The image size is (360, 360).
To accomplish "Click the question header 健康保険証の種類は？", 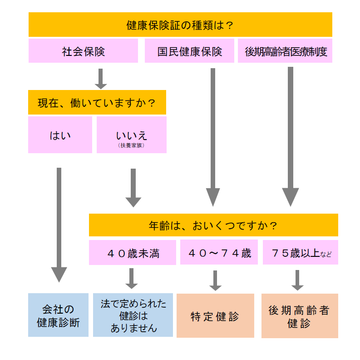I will pos(180,25).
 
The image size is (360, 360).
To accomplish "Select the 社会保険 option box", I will pos(83,51).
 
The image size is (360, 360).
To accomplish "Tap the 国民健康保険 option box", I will pos(189,51).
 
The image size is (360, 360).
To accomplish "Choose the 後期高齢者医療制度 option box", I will pos(285,51).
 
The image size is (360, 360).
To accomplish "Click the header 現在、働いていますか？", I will pos(97,102).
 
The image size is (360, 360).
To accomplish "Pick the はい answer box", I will pos(60,135).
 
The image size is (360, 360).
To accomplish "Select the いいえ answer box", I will pos(132,135).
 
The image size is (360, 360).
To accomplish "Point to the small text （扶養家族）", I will pos(132,146).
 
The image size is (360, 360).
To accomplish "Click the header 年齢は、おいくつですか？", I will pos(213,225).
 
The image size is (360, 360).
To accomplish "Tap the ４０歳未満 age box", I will pos(133,253).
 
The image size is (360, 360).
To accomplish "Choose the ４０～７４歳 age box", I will pos(219,252).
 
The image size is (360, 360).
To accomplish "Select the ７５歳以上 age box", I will pos(301,252).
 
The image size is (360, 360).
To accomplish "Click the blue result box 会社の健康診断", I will pos(58,315).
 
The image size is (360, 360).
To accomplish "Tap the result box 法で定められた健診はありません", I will pos(133,315).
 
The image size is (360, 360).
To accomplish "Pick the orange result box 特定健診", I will pos(215,315).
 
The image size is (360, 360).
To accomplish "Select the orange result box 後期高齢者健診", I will pos(300,316).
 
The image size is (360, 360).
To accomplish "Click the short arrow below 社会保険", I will pos(101,79).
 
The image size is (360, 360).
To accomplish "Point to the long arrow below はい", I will pos(59,223).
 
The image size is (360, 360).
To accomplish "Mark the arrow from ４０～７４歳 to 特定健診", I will pos(215,280).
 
